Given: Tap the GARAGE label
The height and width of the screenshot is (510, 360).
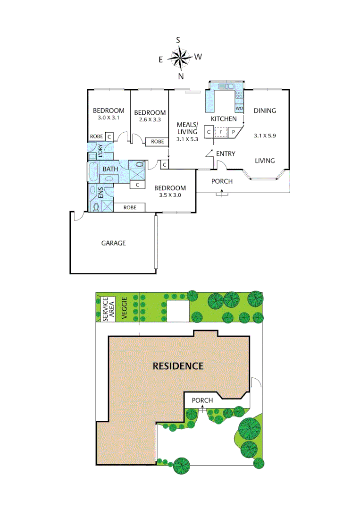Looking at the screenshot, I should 113,243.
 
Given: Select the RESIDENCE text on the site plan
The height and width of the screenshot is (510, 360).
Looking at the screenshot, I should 178,366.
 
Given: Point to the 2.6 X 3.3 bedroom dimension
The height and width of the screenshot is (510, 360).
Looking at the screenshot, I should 150,119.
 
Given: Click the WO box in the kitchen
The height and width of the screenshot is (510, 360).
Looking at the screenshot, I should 239,109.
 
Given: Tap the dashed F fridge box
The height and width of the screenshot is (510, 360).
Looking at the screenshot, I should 221,133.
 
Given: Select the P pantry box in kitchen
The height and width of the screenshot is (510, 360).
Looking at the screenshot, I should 233,133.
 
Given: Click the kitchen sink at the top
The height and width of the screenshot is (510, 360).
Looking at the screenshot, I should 227,86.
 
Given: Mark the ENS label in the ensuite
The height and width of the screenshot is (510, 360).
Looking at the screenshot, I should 100,193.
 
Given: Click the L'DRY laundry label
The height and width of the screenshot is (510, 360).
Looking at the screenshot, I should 100,151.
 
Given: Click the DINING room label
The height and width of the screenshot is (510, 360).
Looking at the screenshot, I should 265,111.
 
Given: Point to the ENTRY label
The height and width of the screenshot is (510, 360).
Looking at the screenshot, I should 225,153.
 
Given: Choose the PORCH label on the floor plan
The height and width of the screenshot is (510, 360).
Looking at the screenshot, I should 222,181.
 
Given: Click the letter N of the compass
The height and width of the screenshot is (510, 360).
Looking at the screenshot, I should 181,76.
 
